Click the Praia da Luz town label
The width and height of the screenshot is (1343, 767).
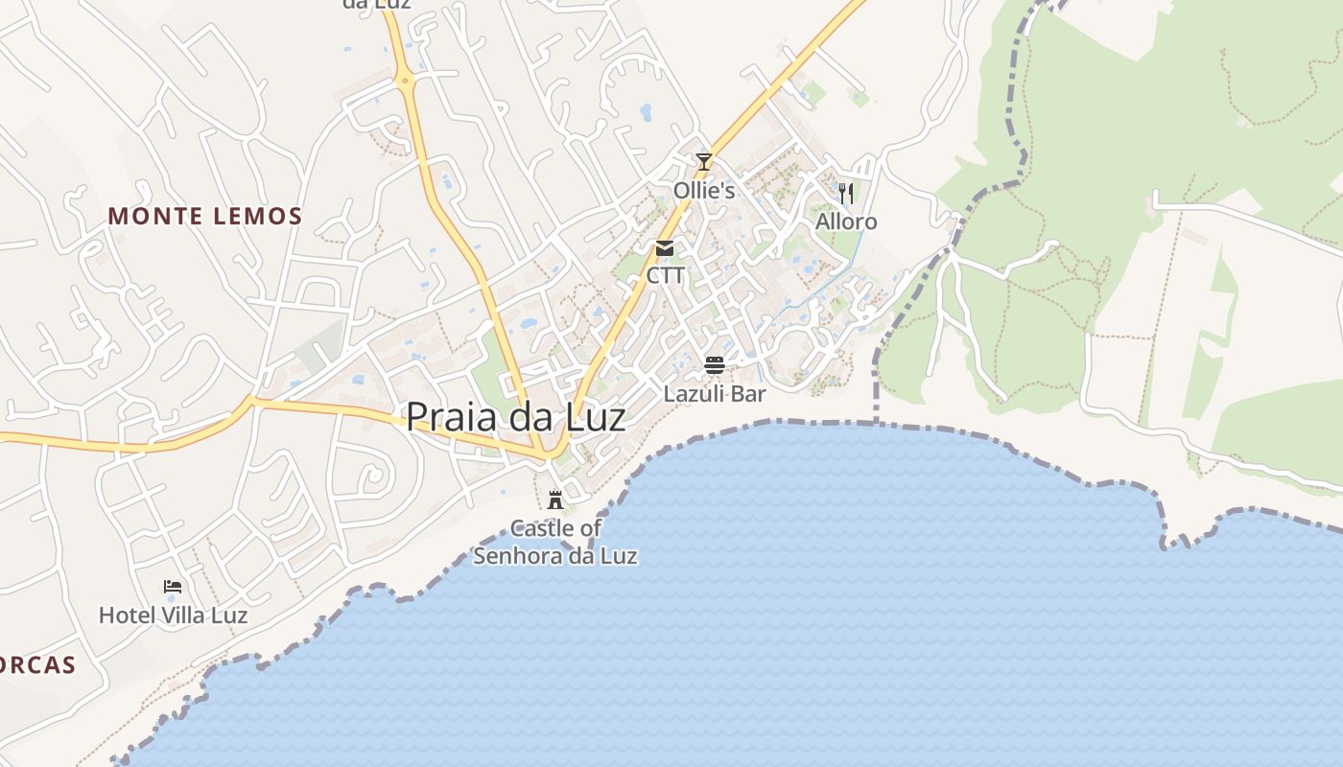[x=515, y=417]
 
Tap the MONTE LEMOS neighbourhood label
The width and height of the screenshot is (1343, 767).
[x=205, y=217]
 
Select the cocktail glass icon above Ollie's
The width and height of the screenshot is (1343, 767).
[x=704, y=162]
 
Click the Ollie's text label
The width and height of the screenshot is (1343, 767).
[x=704, y=191]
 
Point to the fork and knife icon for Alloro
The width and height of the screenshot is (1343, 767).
[x=845, y=194]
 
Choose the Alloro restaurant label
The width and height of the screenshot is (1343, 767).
[x=846, y=222]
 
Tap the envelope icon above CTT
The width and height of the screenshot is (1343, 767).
[x=665, y=249]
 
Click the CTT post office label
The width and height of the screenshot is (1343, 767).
[x=666, y=276]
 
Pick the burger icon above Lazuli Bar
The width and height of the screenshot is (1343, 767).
[x=714, y=365]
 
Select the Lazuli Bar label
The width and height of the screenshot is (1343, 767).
[x=715, y=394]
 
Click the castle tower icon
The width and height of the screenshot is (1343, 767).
[x=554, y=500]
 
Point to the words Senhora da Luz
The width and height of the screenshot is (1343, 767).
[x=555, y=556]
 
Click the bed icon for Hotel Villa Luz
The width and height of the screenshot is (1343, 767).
[x=173, y=587]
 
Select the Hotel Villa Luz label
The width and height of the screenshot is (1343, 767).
[x=174, y=616]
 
